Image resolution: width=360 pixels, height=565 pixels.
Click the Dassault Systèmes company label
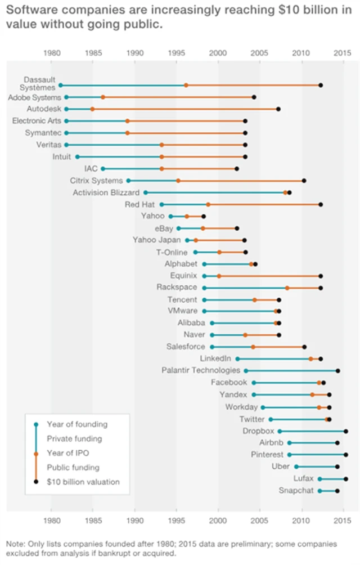pyautogui.click(x=39, y=83)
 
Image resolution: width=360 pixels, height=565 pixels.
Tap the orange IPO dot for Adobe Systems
pyautogui.click(x=102, y=97)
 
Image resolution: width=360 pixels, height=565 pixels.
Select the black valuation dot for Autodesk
pyautogui.click(x=278, y=109)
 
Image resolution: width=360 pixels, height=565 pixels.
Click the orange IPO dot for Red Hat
pyautogui.click(x=208, y=204)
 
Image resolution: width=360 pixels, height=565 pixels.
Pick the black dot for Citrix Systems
pyautogui.click(x=304, y=181)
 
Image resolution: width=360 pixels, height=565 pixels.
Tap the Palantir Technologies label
pyautogui.click(x=200, y=370)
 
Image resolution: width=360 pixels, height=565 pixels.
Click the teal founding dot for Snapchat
pyautogui.click(x=319, y=491)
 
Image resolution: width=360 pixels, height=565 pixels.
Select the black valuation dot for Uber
pyautogui.click(x=337, y=467)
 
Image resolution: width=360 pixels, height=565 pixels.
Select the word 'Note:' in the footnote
pyautogui.click(x=16, y=544)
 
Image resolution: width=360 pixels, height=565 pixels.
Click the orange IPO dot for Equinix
pyautogui.click(x=219, y=276)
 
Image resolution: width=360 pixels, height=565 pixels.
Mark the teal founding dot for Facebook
pyautogui.click(x=254, y=383)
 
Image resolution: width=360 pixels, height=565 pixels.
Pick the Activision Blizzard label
pyautogui.click(x=106, y=192)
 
